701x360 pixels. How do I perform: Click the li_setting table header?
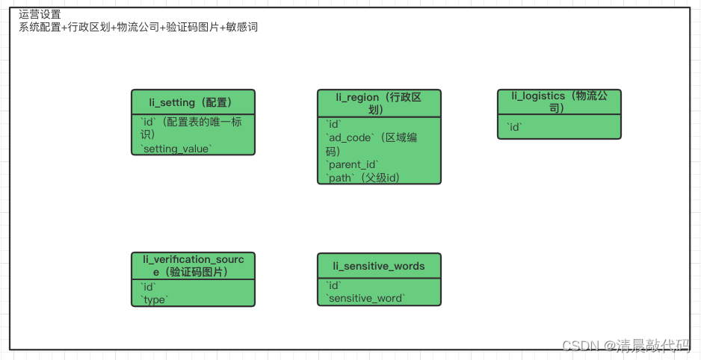click(x=193, y=102)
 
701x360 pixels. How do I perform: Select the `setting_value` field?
click(x=176, y=149)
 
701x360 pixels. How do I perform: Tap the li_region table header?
click(x=379, y=103)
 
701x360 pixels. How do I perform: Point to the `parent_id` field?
click(x=353, y=164)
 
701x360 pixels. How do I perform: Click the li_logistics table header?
click(x=559, y=102)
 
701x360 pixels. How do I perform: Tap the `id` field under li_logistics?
click(x=514, y=128)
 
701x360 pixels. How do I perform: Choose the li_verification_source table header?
click(x=193, y=265)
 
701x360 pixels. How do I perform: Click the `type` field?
click(x=155, y=300)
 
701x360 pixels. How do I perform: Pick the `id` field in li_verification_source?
click(x=148, y=287)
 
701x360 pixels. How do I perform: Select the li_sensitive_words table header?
click(x=379, y=266)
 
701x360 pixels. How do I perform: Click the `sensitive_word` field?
click(x=366, y=299)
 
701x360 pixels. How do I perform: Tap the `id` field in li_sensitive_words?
click(x=334, y=286)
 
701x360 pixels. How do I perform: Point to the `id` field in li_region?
click(x=334, y=124)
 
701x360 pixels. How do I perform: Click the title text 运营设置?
click(x=40, y=14)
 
